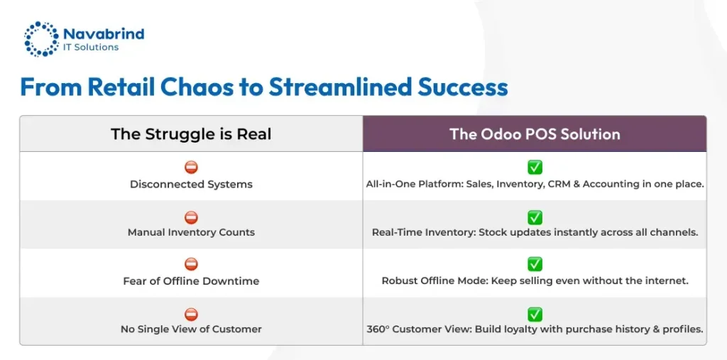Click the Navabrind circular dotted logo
pyautogui.click(x=42, y=38)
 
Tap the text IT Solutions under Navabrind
pyautogui.click(x=90, y=47)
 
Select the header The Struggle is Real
pyautogui.click(x=191, y=134)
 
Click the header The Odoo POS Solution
pyautogui.click(x=535, y=134)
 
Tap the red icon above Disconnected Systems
pyautogui.click(x=191, y=168)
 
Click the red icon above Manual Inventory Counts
pyautogui.click(x=191, y=217)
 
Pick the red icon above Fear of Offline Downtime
pyautogui.click(x=191, y=264)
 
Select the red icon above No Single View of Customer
pyautogui.click(x=191, y=314)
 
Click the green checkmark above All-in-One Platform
pyautogui.click(x=535, y=167)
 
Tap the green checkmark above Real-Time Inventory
pyautogui.click(x=535, y=217)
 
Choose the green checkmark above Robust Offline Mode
pyautogui.click(x=535, y=264)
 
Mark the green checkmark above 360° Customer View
pyautogui.click(x=535, y=314)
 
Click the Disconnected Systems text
pyautogui.click(x=191, y=184)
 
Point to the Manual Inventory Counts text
pyautogui.click(x=191, y=232)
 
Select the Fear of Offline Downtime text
pyautogui.click(x=191, y=281)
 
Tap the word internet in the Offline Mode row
pyautogui.click(x=669, y=281)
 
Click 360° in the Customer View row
pyautogui.click(x=377, y=329)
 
